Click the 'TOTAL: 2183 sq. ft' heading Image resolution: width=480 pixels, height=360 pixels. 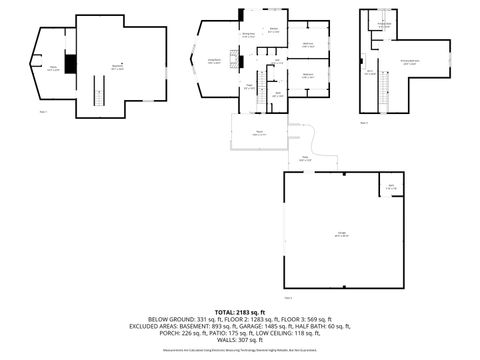tap(239, 311)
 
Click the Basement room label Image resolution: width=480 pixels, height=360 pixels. tap(117, 67)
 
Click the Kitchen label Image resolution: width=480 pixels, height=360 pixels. tap(274, 30)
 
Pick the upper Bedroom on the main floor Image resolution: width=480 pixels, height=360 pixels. tap(308, 45)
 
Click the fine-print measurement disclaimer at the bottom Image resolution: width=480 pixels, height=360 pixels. tap(239, 350)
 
